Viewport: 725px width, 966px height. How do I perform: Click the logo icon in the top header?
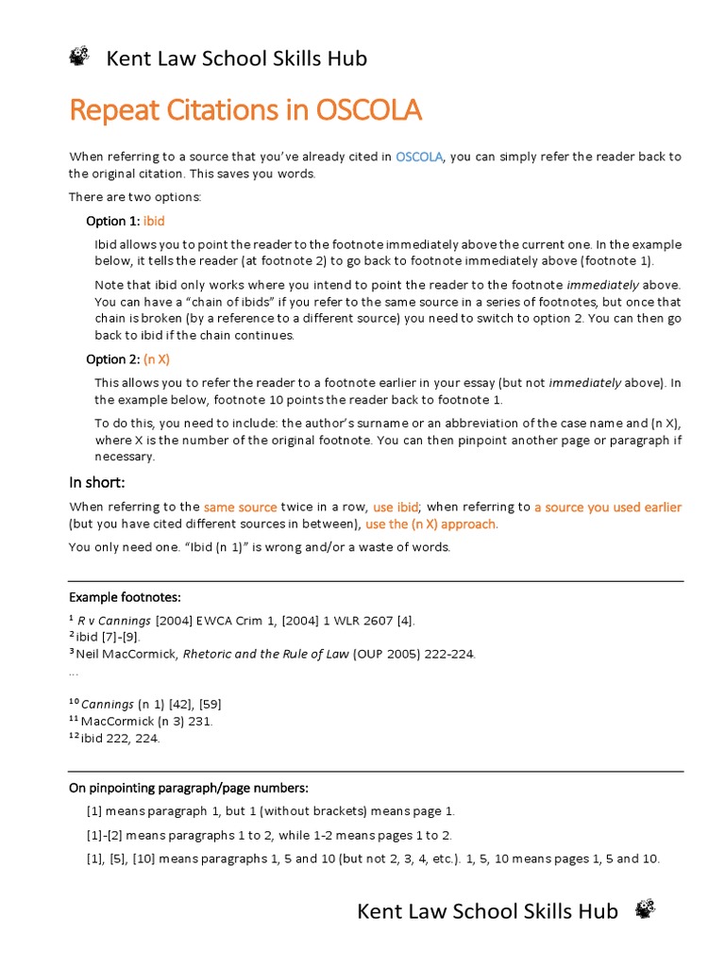tap(79, 58)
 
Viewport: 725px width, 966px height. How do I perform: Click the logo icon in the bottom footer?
tap(645, 909)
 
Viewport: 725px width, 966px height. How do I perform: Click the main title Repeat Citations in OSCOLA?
tap(245, 110)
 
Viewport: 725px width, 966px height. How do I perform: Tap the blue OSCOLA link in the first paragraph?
tap(419, 157)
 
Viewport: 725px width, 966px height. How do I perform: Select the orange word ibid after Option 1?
tap(154, 221)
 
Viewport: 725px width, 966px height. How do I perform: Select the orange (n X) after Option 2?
tap(157, 359)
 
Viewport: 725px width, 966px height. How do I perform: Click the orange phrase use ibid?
tap(396, 507)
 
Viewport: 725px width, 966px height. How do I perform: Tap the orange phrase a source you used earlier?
tap(607, 507)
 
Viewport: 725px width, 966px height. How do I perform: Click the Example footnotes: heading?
tap(124, 597)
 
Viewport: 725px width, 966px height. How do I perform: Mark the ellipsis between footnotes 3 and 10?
tap(75, 672)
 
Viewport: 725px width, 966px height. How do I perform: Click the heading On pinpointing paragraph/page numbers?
tap(189, 788)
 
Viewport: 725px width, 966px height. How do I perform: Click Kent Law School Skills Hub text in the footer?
tap(487, 910)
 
